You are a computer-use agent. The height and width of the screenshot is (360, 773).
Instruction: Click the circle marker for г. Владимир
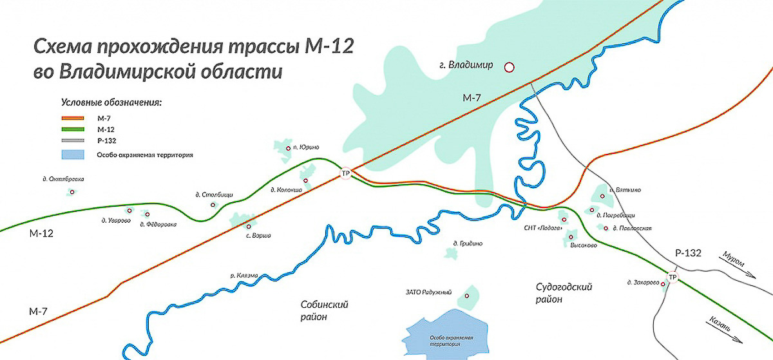pos(509,66)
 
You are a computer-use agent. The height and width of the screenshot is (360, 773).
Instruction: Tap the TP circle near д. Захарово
pos(673,278)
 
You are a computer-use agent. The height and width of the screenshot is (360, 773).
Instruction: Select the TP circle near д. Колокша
pos(345,174)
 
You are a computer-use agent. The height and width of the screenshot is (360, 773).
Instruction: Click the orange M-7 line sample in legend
pos(72,118)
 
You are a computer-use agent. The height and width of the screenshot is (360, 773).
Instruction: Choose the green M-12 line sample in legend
pos(72,129)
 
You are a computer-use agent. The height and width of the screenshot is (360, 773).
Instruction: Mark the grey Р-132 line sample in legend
pos(72,140)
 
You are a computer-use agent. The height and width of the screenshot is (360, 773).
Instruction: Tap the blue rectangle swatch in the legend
pos(72,155)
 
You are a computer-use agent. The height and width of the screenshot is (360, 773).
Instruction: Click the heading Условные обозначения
pos(110,102)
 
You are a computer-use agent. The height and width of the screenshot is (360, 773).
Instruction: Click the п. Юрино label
pos(306,147)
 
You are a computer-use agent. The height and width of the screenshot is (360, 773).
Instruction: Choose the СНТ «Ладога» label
pos(544,228)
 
